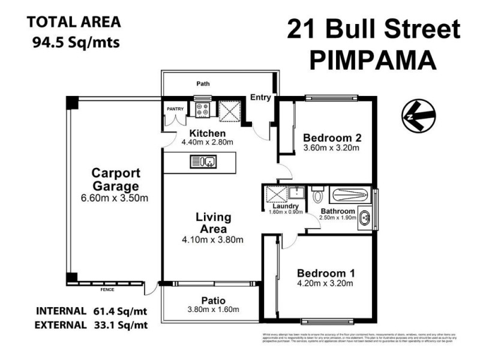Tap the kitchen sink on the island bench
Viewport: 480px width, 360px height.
point(203,161)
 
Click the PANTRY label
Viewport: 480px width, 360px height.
point(175,109)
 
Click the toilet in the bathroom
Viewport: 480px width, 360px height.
point(318,195)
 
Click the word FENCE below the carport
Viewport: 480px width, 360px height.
point(107,290)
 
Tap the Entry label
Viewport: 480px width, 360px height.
point(260,97)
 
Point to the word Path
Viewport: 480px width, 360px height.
point(203,84)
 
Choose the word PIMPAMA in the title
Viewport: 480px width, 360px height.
point(374,60)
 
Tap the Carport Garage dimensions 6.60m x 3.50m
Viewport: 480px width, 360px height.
point(115,198)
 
